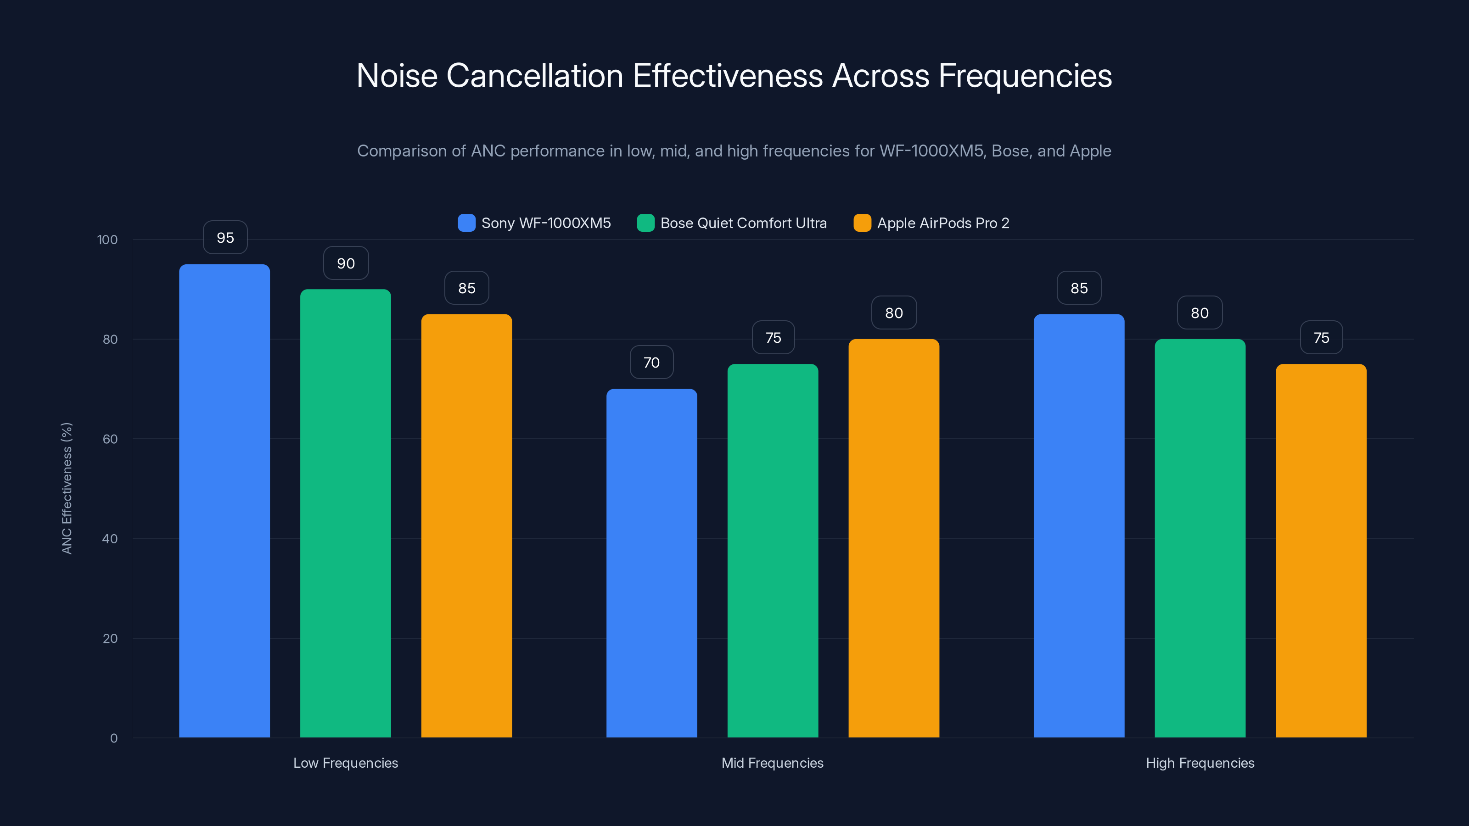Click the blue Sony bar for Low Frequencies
[224, 502]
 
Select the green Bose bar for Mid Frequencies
[773, 550]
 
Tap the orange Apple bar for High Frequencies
[1321, 550]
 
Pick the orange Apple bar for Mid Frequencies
[894, 539]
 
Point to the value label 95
[225, 238]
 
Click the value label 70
[651, 363]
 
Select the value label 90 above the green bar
[346, 263]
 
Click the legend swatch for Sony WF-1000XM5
[466, 223]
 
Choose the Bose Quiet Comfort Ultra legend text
[743, 223]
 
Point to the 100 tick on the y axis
[107, 240]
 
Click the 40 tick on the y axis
[110, 539]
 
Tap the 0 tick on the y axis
[113, 738]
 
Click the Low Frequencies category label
[346, 763]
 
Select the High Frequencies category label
[1200, 763]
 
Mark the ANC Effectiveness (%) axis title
[67, 488]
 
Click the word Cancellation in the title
[534, 76]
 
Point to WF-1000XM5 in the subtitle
[931, 151]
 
